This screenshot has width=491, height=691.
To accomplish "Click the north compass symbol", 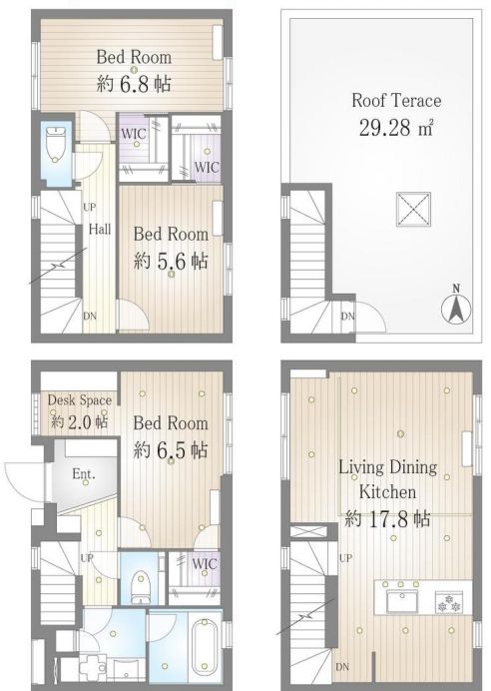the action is pos(456,307).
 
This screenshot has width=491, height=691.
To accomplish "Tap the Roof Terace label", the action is pos(396,101).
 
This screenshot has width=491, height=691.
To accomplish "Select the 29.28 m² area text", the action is pos(396,128).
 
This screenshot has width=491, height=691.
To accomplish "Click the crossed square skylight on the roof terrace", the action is pos(413,210).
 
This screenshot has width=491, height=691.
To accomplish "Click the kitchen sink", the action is pos(402,601).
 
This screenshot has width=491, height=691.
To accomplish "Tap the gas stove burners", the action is pos(449,603).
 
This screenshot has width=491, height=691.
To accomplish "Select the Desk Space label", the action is pos(79,400).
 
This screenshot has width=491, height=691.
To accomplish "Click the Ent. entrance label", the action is pos(84,474).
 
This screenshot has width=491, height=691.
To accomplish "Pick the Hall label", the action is pos(100,229).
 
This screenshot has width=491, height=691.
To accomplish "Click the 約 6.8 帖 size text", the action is pos(134,83).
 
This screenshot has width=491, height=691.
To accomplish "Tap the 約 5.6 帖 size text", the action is pos(171,261).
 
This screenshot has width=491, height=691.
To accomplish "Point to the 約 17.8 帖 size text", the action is pos(387,518).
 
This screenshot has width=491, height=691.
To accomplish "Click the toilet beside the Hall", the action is pos(55,144).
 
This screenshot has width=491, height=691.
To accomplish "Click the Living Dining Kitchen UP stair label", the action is pos(345,558).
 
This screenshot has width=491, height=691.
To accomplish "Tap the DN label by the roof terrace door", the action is pos(348,316).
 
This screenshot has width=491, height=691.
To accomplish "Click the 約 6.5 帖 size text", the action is pos(171,450).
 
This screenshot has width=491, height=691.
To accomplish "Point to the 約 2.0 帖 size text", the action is pos(79,421).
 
